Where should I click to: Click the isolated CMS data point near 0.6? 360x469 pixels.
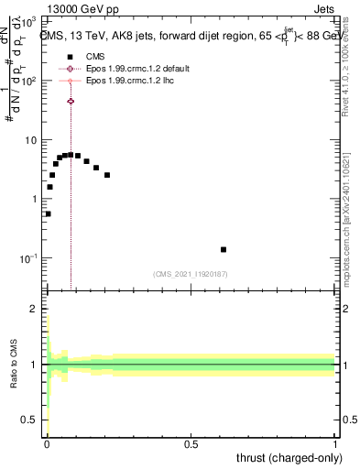(x=224, y=249)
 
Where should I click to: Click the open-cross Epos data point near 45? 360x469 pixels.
(x=71, y=101)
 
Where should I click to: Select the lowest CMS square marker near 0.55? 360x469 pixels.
(x=48, y=213)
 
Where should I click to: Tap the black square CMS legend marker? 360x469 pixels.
(x=71, y=56)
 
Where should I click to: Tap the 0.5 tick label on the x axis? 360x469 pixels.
(x=191, y=444)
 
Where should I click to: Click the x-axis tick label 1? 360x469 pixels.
(x=335, y=444)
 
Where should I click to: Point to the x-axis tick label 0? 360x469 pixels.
(x=47, y=444)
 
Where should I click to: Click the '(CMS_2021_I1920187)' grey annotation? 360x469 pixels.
(x=191, y=274)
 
